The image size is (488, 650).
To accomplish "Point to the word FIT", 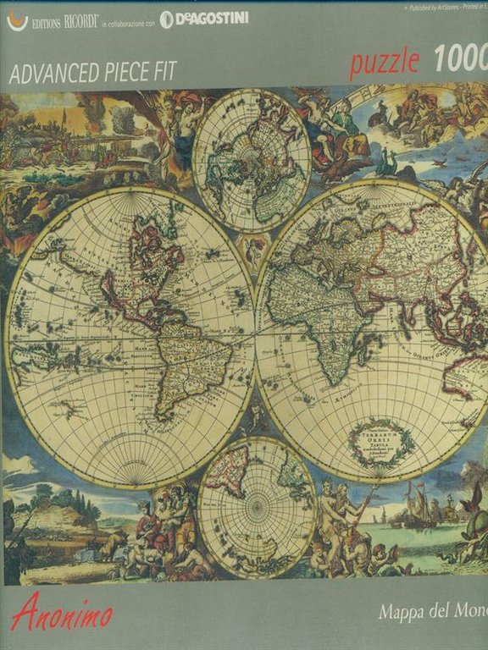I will click(161, 73).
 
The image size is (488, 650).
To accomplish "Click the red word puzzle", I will click(384, 63).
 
